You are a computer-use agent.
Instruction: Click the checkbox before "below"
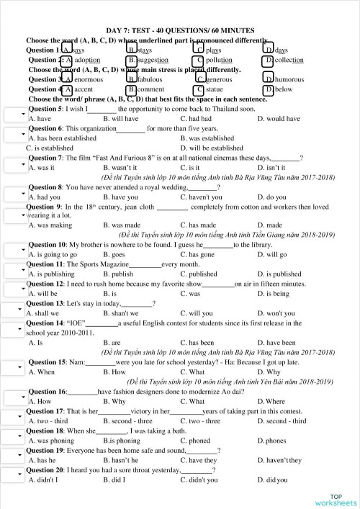click(x=268, y=89)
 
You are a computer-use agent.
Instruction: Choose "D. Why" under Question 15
click(x=273, y=372)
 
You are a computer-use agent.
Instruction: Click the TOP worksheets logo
click(x=335, y=500)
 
